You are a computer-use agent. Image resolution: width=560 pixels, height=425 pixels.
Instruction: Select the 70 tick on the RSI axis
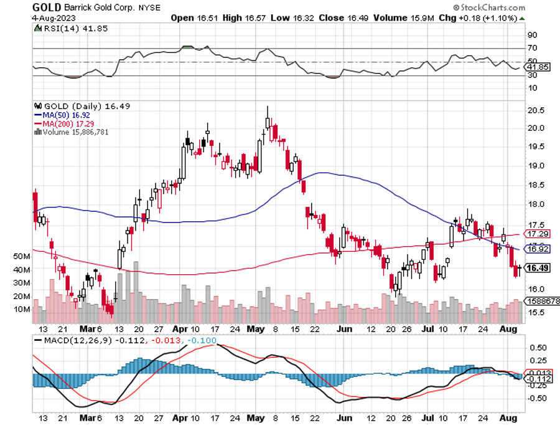[532, 47]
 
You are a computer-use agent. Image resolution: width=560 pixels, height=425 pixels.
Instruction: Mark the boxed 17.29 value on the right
[537, 234]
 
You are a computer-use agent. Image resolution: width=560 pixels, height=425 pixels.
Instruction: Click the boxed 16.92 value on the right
[537, 249]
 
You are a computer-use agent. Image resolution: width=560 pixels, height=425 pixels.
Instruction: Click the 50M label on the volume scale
[39, 256]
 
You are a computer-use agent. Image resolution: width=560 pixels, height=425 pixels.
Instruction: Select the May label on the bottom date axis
[256, 328]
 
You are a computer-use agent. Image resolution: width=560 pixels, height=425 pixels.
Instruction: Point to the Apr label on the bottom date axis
[180, 328]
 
